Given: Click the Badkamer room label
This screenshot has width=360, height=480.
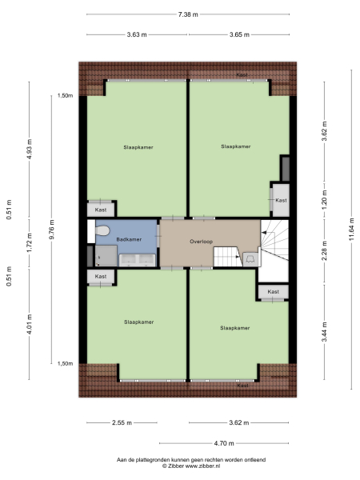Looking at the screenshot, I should [x=129, y=239].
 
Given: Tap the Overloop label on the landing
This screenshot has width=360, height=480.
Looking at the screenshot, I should [x=201, y=241].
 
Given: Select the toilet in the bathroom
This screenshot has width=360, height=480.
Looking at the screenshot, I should [x=102, y=231].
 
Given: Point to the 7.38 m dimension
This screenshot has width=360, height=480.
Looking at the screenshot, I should [x=189, y=14].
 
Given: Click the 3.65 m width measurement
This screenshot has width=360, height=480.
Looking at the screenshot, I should [x=239, y=34].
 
